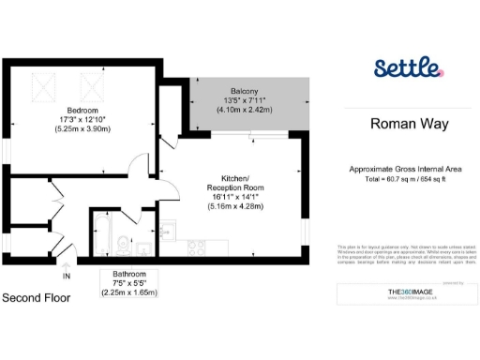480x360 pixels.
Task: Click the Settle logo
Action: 406,68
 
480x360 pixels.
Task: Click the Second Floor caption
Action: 36,298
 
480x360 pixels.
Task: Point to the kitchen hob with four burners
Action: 197,247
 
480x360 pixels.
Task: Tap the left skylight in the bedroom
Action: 43,89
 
